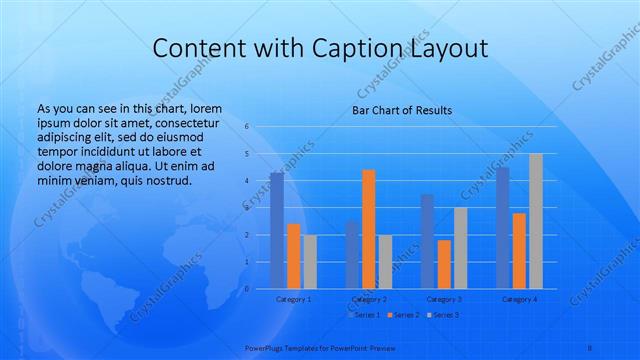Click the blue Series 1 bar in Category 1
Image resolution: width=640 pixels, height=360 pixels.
[277, 230]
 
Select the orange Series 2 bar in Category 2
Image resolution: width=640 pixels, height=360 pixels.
[368, 229]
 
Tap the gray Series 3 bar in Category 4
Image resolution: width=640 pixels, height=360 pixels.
[536, 221]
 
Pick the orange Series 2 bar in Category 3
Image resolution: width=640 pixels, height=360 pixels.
[444, 264]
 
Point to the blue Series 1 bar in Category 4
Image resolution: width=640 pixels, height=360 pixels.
[502, 228]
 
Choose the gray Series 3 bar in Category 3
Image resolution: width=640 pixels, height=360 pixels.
[460, 248]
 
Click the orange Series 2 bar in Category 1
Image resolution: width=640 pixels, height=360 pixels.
[293, 256]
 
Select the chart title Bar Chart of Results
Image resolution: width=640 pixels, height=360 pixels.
[402, 110]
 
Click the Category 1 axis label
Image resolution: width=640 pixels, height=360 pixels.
[293, 299]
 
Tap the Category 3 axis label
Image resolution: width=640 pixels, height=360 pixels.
[444, 299]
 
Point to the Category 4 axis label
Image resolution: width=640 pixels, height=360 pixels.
[519, 299]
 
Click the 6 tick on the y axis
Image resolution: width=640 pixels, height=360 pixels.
[246, 127]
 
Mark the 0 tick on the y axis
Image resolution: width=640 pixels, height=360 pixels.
[246, 289]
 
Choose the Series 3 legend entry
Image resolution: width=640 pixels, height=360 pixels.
[445, 315]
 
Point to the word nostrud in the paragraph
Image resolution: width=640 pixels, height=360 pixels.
[164, 180]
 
